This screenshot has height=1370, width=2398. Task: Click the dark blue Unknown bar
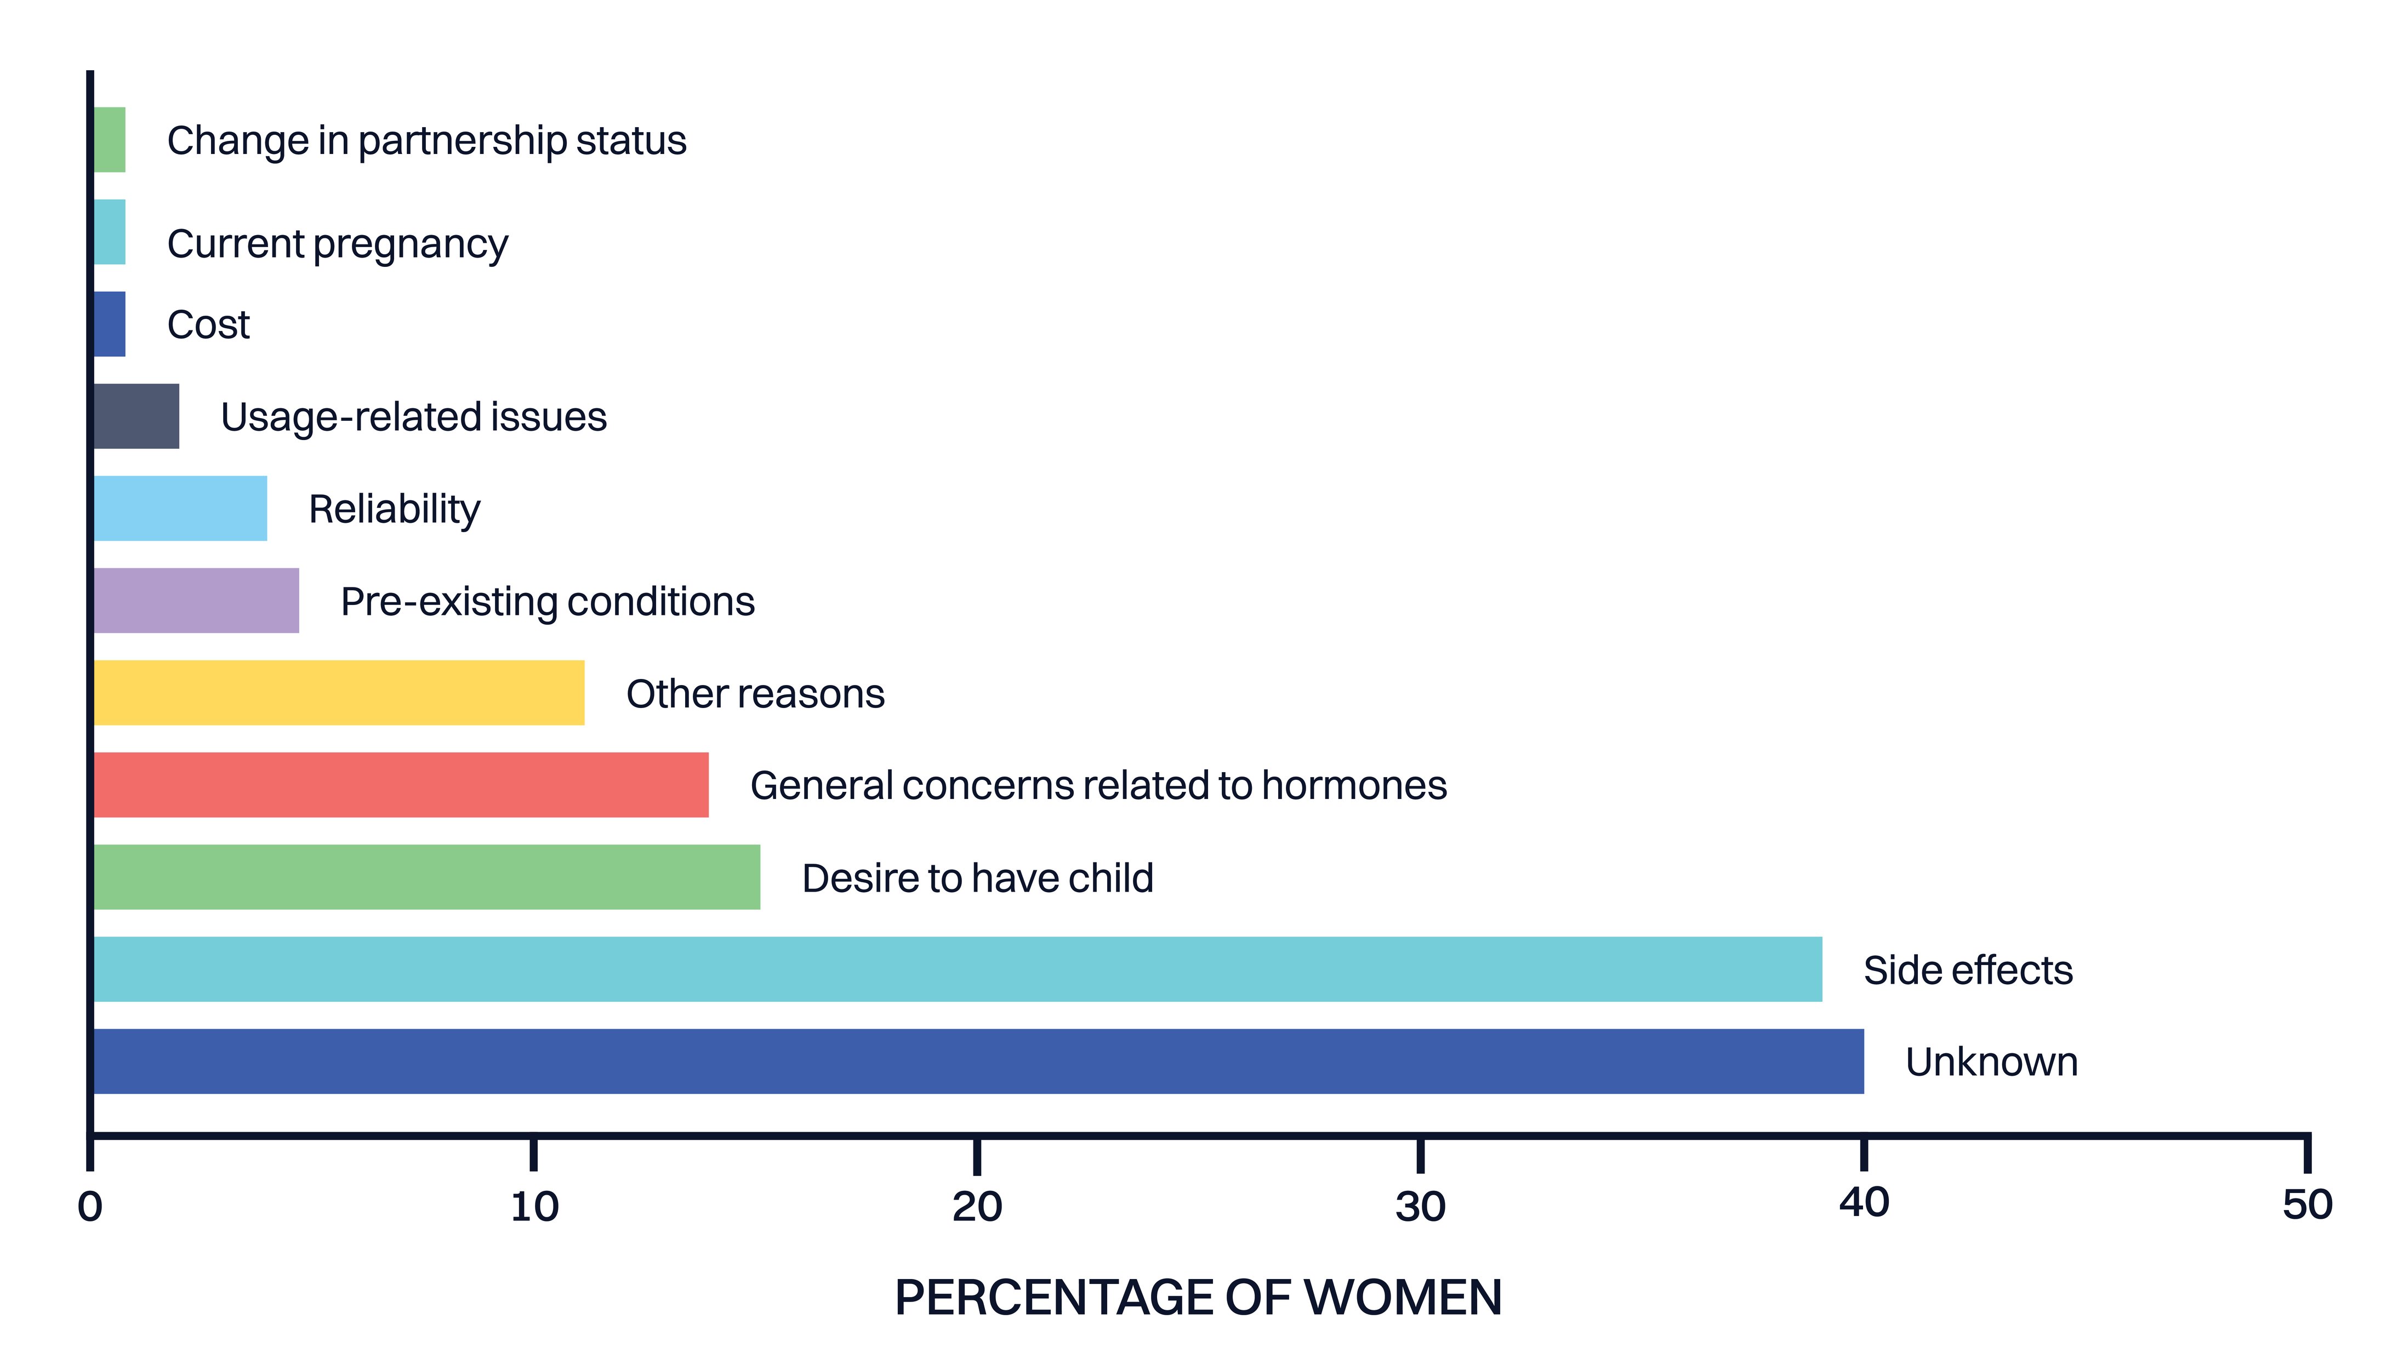[x=979, y=1061]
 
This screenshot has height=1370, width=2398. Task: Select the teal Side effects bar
[x=958, y=969]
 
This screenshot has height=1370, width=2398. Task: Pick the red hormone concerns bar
[x=401, y=785]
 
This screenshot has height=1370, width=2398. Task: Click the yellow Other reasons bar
[x=339, y=693]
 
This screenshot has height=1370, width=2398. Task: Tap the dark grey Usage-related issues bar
[x=136, y=416]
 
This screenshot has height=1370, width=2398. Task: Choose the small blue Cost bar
[x=109, y=324]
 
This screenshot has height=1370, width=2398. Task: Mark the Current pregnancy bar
[x=109, y=231]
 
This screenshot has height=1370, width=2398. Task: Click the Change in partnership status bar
[x=109, y=139]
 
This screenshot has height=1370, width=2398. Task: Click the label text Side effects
[x=1968, y=970]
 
